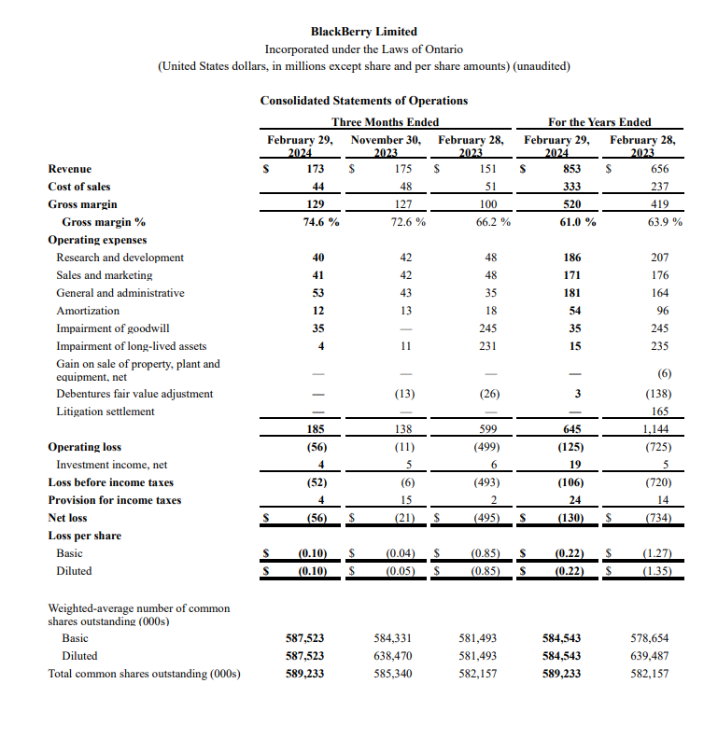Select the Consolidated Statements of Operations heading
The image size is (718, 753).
click(364, 101)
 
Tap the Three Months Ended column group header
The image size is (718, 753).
click(385, 122)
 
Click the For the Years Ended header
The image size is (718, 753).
click(599, 122)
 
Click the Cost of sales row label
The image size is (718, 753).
click(79, 187)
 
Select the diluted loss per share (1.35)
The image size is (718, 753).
click(655, 571)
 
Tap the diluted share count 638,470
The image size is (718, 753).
click(393, 656)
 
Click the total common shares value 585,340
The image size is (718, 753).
click(393, 674)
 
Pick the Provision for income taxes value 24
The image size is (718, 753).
click(574, 500)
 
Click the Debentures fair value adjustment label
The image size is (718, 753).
click(134, 394)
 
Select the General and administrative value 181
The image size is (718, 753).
click(573, 293)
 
